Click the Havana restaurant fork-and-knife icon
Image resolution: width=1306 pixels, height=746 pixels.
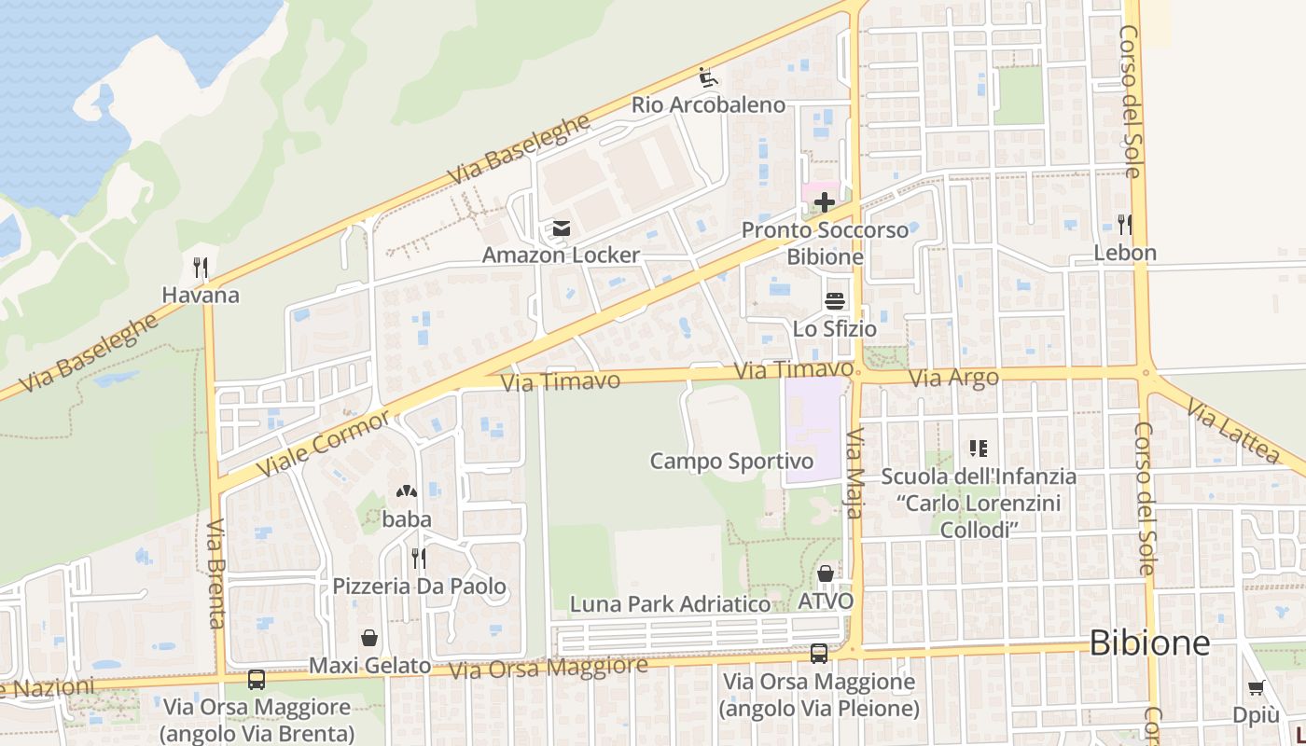[x=201, y=268]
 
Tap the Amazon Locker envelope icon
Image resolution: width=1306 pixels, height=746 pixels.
[x=561, y=228]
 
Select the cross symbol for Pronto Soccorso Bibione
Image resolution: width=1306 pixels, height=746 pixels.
[x=825, y=201]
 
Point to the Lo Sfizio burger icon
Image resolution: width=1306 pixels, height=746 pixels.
[x=834, y=301]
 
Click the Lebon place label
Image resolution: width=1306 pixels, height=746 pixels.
[x=1125, y=253]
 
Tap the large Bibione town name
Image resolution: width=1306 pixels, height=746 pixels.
[x=1149, y=643]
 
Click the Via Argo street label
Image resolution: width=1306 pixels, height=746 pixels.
[x=953, y=378]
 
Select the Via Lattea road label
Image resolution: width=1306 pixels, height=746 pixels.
[x=1234, y=433]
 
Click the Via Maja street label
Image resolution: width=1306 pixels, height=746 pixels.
[x=855, y=473]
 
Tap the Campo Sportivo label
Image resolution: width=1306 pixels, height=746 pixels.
[x=731, y=461]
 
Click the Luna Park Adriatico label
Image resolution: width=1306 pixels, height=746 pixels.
[x=671, y=604]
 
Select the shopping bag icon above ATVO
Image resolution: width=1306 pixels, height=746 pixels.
[x=826, y=573]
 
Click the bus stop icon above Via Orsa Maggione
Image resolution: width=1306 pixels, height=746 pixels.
[x=819, y=654]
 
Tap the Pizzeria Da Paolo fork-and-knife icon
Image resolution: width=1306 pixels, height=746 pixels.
[x=419, y=559]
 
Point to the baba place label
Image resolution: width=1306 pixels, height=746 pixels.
[x=407, y=519]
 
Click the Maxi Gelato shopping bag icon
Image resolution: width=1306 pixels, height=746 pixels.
[x=369, y=639]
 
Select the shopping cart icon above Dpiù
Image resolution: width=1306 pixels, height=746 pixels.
[x=1256, y=688]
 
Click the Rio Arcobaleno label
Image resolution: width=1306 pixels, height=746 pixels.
[x=709, y=104]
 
